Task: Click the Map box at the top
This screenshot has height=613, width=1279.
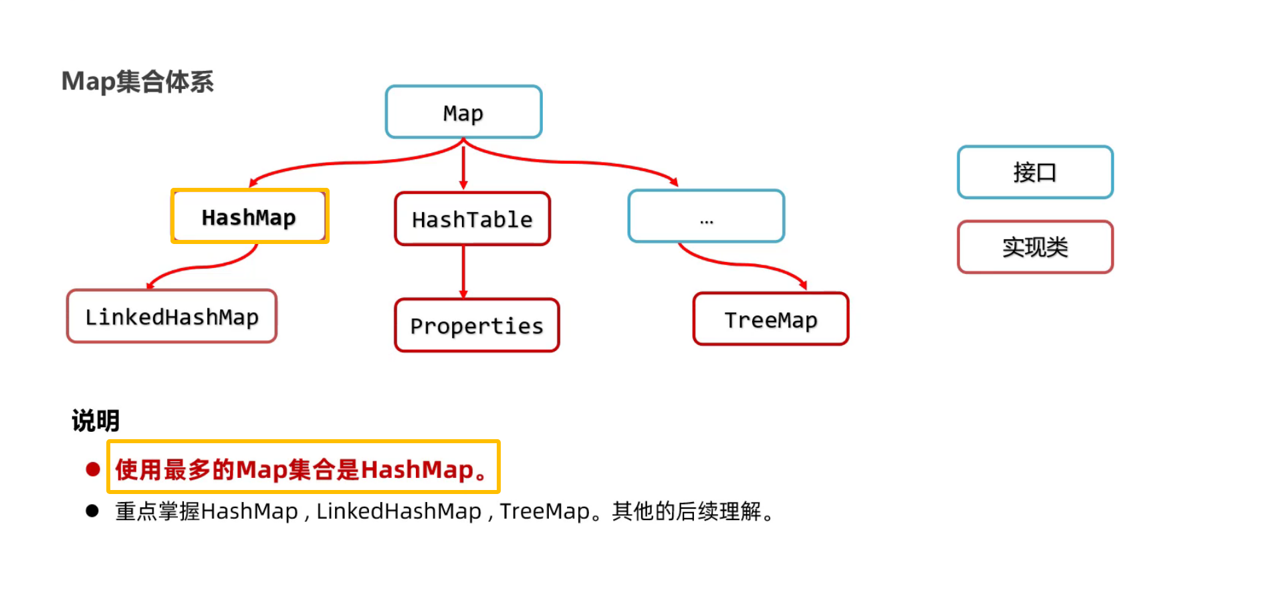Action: tap(463, 112)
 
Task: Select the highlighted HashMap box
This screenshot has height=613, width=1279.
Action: tap(249, 217)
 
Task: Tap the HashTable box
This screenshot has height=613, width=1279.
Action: tap(472, 219)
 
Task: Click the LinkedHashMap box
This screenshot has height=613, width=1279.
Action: tap(172, 316)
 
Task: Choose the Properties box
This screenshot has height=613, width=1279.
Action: tap(477, 326)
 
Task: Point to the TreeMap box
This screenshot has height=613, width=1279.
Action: tap(771, 320)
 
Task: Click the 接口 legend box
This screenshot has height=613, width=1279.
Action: tap(1035, 172)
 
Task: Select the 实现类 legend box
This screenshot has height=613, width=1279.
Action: tap(1035, 247)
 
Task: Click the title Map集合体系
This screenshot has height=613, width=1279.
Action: tap(138, 82)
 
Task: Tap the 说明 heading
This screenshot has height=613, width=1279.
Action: tap(96, 420)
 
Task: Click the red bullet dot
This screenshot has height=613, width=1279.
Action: tap(93, 469)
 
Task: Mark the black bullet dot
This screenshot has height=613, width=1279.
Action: tap(92, 511)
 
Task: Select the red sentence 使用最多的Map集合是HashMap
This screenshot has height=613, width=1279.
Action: tap(303, 469)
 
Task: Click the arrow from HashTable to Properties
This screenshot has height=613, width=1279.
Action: tap(463, 271)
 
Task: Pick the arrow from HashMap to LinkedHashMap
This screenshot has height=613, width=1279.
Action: tap(201, 267)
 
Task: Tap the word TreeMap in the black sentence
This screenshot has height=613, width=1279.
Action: tap(545, 511)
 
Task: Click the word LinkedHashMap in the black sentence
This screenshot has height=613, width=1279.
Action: tap(398, 511)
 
